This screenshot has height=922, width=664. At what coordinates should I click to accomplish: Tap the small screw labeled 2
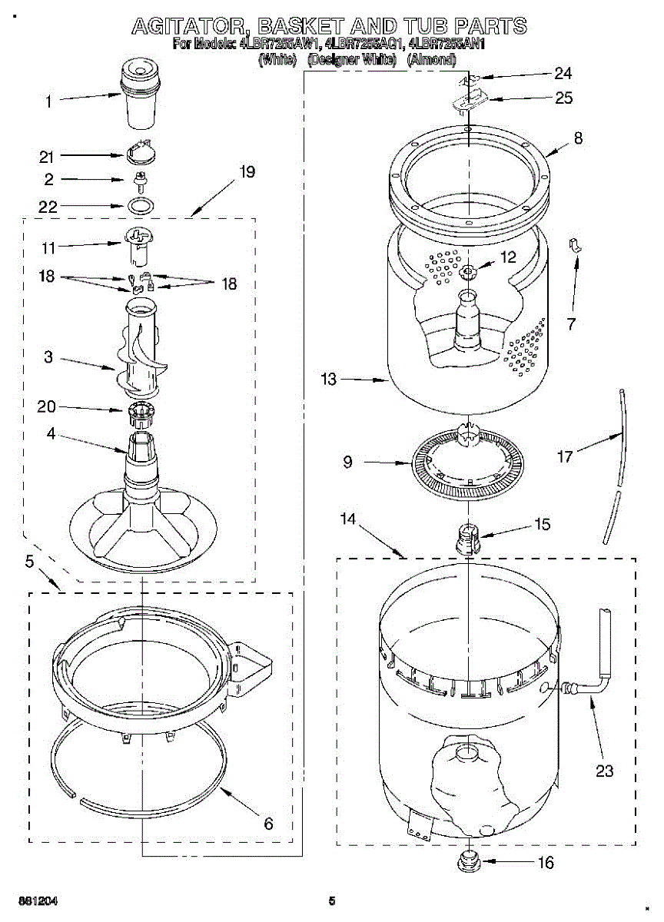(140, 181)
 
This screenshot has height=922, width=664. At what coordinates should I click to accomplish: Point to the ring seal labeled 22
(140, 206)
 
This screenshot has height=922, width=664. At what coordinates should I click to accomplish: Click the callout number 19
(246, 171)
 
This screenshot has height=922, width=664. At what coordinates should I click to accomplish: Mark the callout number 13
(329, 379)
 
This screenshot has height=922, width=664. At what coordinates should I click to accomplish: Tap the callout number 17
(566, 457)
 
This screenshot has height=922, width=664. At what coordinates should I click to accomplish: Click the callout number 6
(268, 824)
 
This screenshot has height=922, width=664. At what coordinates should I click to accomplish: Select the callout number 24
(563, 74)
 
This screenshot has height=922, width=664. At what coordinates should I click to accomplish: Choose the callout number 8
(577, 139)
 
